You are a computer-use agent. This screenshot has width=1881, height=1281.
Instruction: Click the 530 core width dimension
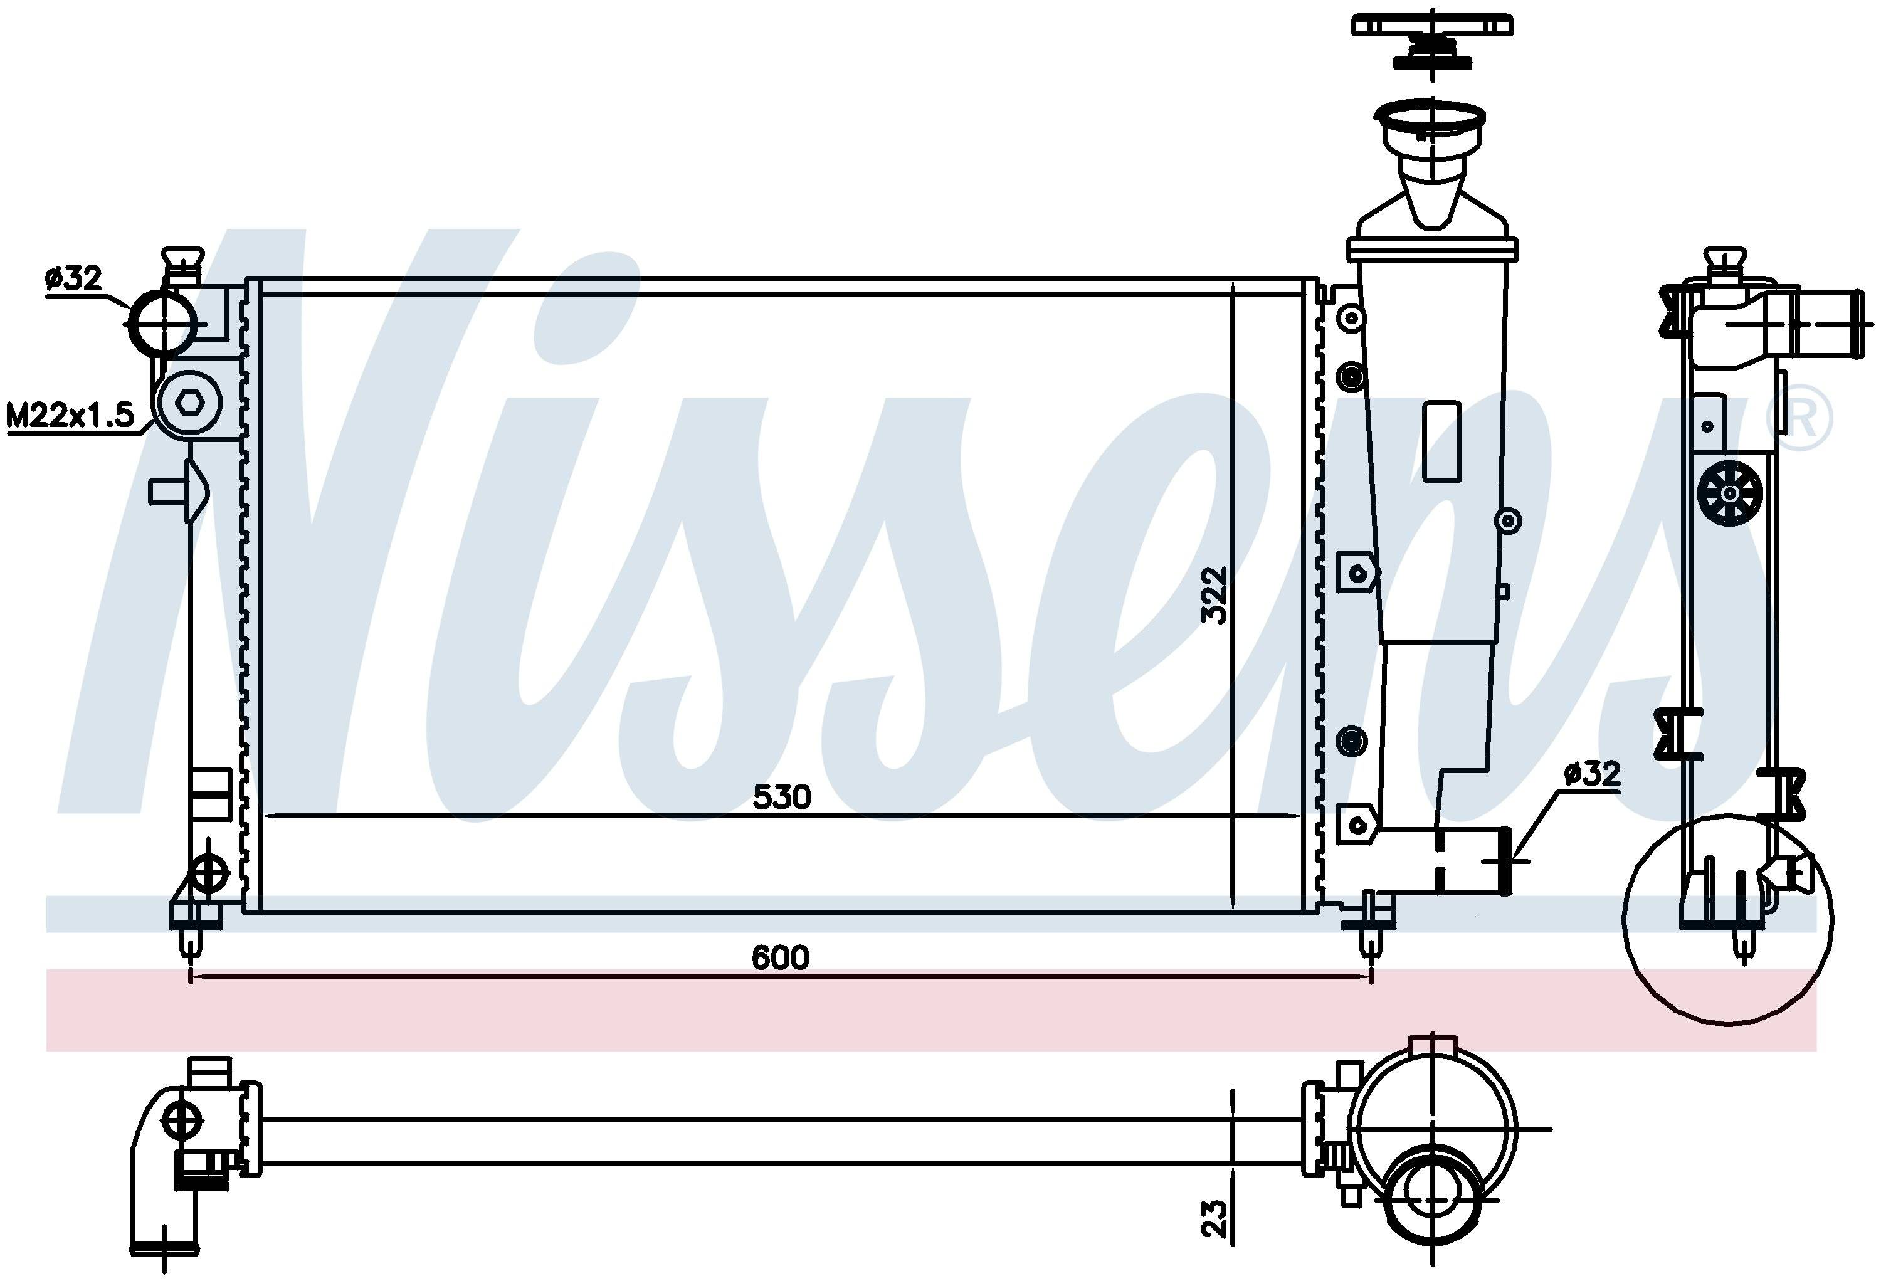781,797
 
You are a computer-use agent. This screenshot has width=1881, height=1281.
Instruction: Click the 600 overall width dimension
780,957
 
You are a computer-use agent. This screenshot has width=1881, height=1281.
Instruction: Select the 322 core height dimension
1214,595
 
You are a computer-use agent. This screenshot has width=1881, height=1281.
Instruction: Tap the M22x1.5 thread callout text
70,415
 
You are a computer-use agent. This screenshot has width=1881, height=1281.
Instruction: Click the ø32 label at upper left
73,278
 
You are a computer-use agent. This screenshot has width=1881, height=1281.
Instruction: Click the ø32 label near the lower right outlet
1593,773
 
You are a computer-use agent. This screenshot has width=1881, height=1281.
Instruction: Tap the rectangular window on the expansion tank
1441,442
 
